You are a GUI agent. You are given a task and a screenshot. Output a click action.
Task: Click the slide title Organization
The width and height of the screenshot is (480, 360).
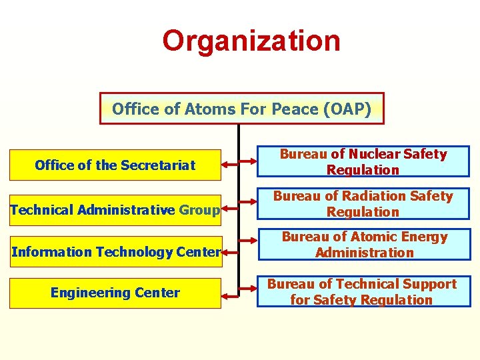(x=251, y=41)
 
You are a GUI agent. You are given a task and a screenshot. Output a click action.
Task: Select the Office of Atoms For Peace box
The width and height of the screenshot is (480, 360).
(x=241, y=109)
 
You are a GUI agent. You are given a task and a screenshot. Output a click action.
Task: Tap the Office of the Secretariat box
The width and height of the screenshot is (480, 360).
(x=115, y=165)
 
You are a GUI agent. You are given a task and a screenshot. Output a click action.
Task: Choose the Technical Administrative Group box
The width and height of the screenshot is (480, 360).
(x=115, y=211)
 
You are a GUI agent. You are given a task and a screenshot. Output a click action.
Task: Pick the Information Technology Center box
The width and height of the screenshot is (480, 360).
(x=115, y=252)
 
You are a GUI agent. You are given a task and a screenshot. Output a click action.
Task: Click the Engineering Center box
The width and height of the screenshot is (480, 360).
(x=115, y=293)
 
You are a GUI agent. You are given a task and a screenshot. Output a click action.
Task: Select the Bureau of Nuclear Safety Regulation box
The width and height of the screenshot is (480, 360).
(x=363, y=162)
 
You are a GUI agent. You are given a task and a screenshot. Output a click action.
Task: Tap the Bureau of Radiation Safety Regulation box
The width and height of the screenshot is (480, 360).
(x=363, y=204)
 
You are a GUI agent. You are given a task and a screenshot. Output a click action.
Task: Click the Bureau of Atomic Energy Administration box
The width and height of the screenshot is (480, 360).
(x=364, y=245)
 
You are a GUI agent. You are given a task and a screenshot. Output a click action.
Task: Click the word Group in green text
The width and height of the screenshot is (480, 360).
(x=199, y=211)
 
